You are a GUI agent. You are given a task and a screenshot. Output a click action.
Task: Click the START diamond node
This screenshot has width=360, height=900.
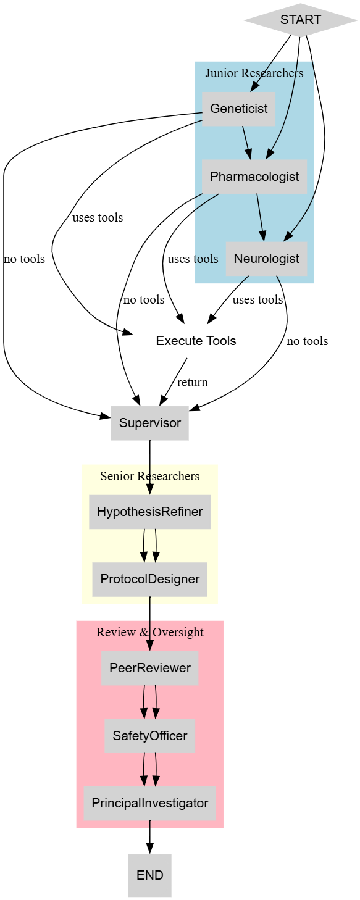coord(300,20)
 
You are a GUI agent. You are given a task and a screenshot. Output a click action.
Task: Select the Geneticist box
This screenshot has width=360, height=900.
coord(238,109)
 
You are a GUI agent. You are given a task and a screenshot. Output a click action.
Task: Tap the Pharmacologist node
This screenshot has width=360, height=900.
coord(254,177)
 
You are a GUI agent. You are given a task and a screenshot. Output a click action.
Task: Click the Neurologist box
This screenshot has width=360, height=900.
coord(266,259)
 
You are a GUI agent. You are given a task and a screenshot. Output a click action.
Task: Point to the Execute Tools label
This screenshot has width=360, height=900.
coord(196,341)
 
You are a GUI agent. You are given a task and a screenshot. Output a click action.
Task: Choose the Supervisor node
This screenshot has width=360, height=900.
coord(149,423)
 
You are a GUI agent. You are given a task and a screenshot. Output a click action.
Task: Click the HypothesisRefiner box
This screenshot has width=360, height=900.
coord(149,512)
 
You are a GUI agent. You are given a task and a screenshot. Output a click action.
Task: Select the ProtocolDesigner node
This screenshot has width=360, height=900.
coord(149,579)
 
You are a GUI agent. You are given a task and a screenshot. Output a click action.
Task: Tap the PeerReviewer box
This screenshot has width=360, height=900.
coord(149,668)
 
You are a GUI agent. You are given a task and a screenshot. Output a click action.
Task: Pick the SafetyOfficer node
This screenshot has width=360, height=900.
coord(149,735)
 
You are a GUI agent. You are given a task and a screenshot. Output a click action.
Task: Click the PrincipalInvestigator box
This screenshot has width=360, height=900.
coord(149,803)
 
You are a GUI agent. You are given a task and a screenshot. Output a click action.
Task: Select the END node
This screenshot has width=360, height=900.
coord(149,875)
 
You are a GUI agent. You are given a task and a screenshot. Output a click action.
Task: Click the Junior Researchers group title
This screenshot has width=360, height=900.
coord(254,73)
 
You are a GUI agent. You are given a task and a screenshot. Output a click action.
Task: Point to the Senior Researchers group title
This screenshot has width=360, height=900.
coord(149,476)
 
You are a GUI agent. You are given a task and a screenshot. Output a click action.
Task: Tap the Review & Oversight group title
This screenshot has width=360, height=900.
coord(149,632)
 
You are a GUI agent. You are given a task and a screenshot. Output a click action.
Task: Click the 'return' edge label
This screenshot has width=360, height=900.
coord(192,382)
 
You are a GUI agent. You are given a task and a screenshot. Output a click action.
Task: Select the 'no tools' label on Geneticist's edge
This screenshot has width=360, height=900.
coord(24,259)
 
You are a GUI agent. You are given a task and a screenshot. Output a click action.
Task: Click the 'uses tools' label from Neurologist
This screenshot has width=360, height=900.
coord(257,300)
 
